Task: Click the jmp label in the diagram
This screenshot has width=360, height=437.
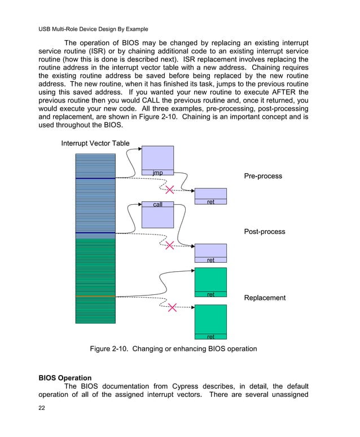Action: (x=157, y=172)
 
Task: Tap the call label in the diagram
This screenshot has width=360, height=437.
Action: (x=157, y=204)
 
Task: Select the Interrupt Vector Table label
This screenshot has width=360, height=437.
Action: (x=95, y=143)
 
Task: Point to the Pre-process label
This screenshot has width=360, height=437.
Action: (x=263, y=176)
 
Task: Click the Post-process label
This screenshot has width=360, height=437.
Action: (x=265, y=232)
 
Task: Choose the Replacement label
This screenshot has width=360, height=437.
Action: (x=265, y=298)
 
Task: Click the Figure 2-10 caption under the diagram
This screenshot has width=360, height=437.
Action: (x=173, y=349)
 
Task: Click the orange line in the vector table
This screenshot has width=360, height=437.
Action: (x=95, y=296)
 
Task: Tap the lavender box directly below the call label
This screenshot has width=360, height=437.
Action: (x=157, y=217)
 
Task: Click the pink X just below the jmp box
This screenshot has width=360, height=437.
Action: (x=169, y=189)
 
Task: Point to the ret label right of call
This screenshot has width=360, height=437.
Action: (x=210, y=202)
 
